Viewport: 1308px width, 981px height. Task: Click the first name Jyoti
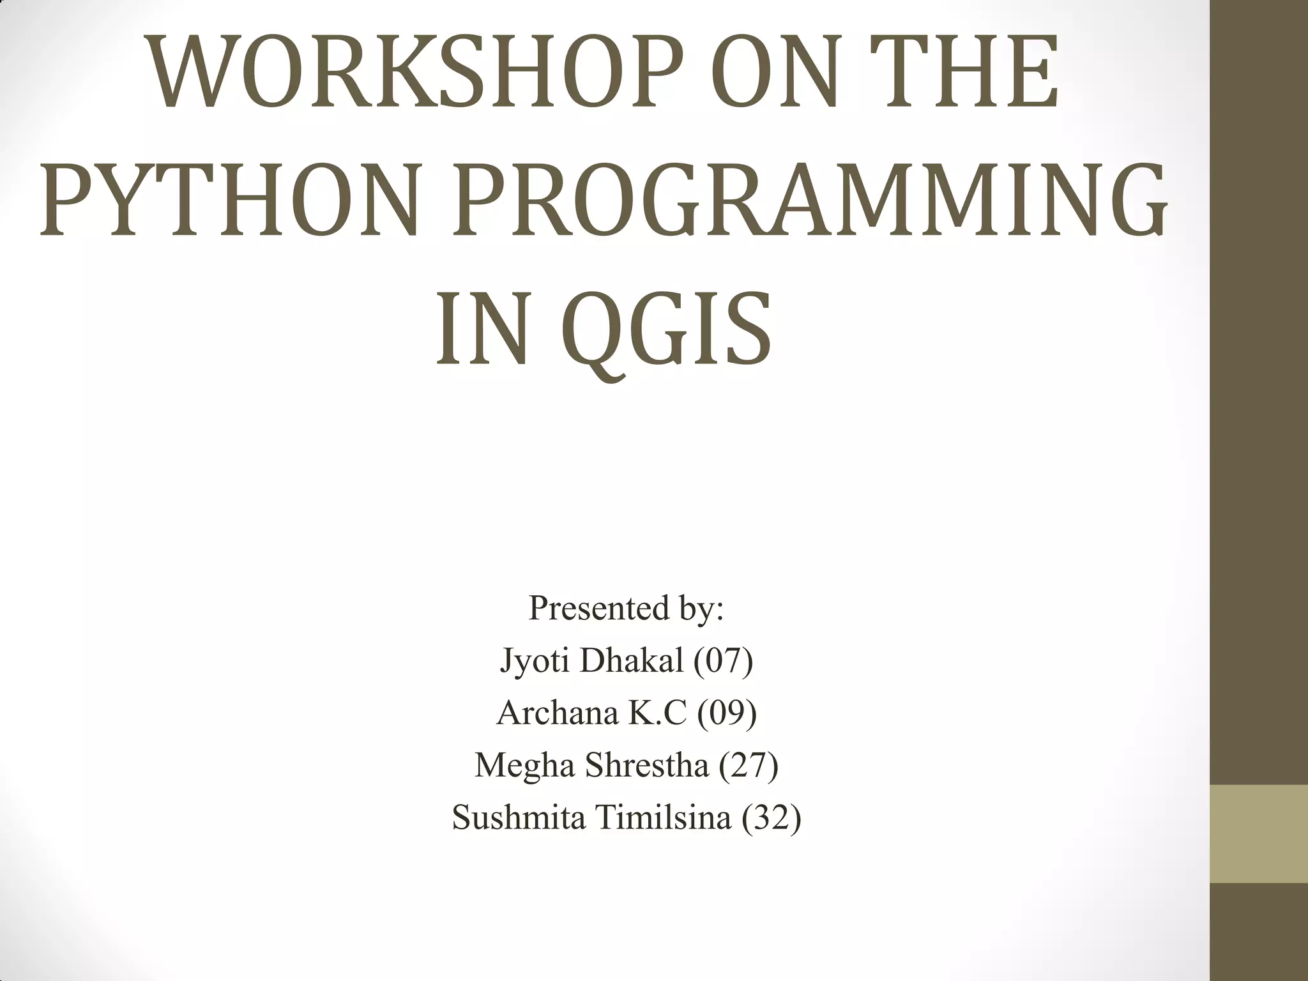click(x=533, y=660)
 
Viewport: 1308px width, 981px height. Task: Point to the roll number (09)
click(x=727, y=713)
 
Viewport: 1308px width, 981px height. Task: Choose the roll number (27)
click(x=749, y=764)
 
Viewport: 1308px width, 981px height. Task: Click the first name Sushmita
click(x=518, y=817)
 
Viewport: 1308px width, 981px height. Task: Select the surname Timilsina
click(x=664, y=817)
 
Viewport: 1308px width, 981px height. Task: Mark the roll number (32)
click(x=772, y=817)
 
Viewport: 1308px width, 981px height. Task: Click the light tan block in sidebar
click(x=1259, y=834)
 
